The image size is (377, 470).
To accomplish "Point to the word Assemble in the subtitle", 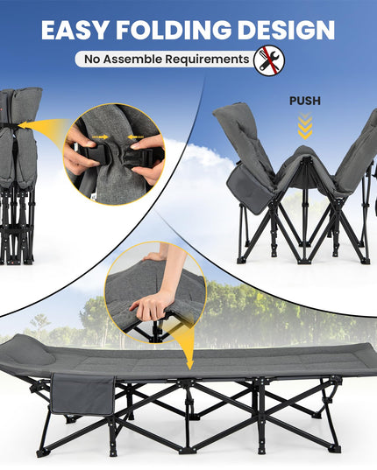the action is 132,59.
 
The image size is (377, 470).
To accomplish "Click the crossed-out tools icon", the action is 268,60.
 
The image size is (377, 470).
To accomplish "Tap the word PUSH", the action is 305,101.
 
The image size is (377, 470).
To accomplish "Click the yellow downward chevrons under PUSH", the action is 305,127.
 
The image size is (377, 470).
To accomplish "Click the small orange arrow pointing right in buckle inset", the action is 101,137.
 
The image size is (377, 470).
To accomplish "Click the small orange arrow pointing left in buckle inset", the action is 135,137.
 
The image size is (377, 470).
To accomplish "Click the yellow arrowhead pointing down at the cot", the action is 189,365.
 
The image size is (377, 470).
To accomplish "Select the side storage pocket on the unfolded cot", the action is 82,394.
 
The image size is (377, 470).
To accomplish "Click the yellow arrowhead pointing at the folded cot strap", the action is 24,125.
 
